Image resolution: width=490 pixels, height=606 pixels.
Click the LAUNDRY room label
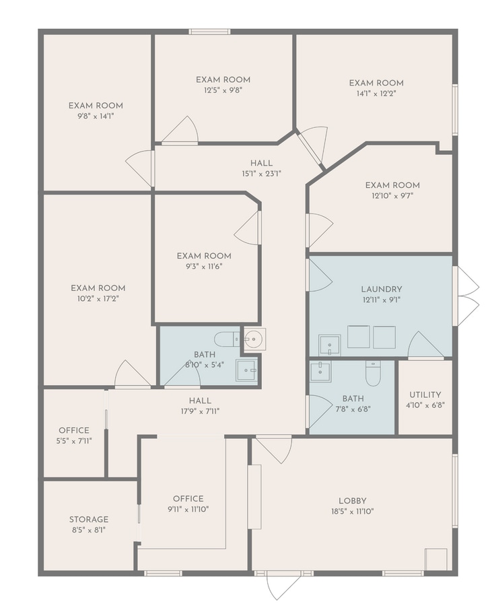(x=381, y=289)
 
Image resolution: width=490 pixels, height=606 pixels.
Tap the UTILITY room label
(x=425, y=395)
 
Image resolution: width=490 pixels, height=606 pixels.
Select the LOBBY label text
(x=353, y=501)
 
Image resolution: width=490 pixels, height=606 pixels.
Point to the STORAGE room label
(x=88, y=519)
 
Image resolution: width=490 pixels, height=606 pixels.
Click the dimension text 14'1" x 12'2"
(x=376, y=94)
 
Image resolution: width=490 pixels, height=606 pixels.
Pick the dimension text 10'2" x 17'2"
(x=98, y=298)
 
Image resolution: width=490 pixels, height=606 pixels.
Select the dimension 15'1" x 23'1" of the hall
(x=261, y=173)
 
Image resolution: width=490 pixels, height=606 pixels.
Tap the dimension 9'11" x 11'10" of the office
(x=188, y=509)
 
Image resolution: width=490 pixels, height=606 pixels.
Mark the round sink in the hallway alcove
(x=254, y=339)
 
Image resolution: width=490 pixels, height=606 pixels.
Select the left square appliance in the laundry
(x=359, y=337)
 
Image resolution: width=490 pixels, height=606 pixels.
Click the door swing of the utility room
(x=424, y=345)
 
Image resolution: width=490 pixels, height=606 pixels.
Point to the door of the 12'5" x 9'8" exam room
(x=182, y=131)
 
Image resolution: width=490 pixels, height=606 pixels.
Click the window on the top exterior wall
(x=209, y=32)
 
